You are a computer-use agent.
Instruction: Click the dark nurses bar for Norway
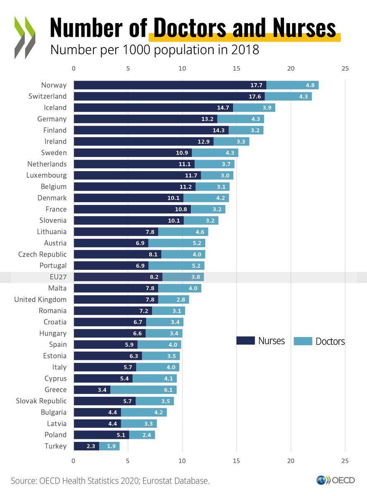click(169, 85)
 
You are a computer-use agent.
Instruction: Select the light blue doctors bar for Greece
click(143, 390)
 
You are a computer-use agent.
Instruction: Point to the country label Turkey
click(55, 446)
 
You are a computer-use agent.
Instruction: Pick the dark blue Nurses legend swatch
click(245, 341)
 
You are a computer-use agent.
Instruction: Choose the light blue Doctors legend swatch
click(303, 341)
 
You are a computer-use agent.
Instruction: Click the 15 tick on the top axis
click(236, 69)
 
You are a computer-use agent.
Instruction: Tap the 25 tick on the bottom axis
click(345, 460)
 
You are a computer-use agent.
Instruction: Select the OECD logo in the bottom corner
click(336, 480)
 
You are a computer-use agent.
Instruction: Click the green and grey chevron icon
click(24, 37)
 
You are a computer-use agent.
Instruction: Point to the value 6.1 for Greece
click(168, 390)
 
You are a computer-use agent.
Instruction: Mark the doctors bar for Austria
click(176, 243)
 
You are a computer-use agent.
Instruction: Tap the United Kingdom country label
click(40, 299)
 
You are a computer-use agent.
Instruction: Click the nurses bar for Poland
click(101, 435)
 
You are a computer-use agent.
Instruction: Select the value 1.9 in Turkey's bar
click(111, 446)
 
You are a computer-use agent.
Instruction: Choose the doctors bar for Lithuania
click(183, 232)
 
